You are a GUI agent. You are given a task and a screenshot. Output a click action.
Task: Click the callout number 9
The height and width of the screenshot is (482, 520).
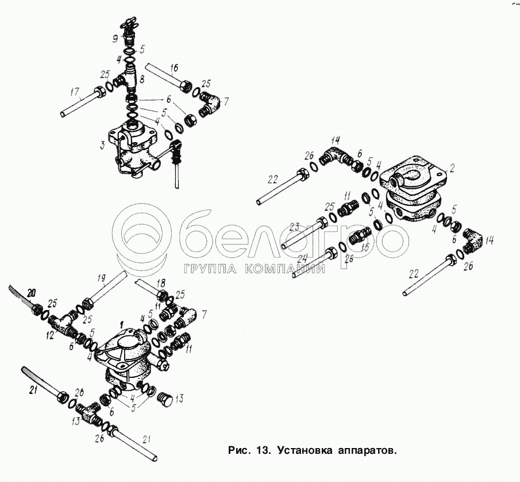115,40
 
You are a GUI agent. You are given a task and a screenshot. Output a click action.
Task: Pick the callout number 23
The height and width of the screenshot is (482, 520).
296,226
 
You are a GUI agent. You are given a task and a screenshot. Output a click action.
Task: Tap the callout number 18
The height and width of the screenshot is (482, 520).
160,283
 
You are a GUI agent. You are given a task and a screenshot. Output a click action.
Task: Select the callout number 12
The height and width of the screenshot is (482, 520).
51,334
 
